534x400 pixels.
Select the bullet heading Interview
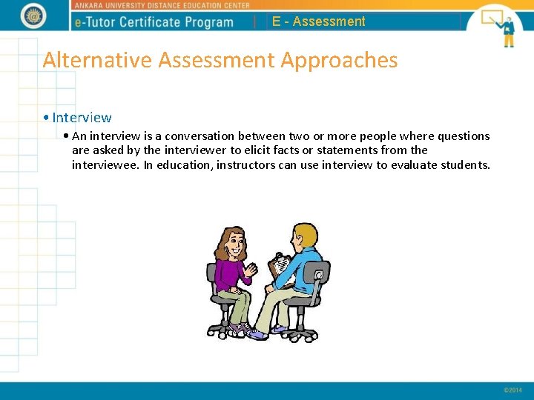[82, 117]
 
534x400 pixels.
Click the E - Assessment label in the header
[318, 21]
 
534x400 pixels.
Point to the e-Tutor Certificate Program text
[154, 22]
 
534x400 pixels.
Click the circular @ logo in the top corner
[33, 15]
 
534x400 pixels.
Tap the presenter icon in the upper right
[499, 26]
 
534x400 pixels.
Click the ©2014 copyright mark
[512, 390]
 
